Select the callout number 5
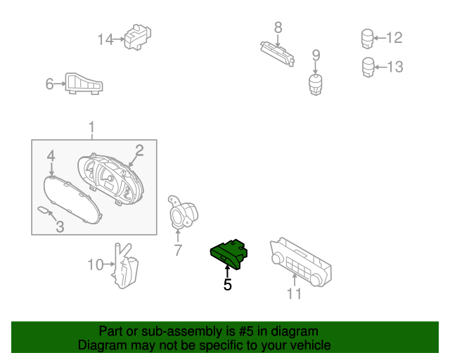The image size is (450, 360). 227,285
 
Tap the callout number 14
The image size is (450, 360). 105,39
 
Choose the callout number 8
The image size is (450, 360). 278,27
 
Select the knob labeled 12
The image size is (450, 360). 367,38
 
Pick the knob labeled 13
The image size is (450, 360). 368,67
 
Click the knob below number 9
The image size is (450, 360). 316,86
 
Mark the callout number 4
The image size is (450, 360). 51,155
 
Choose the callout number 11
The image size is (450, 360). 295,293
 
